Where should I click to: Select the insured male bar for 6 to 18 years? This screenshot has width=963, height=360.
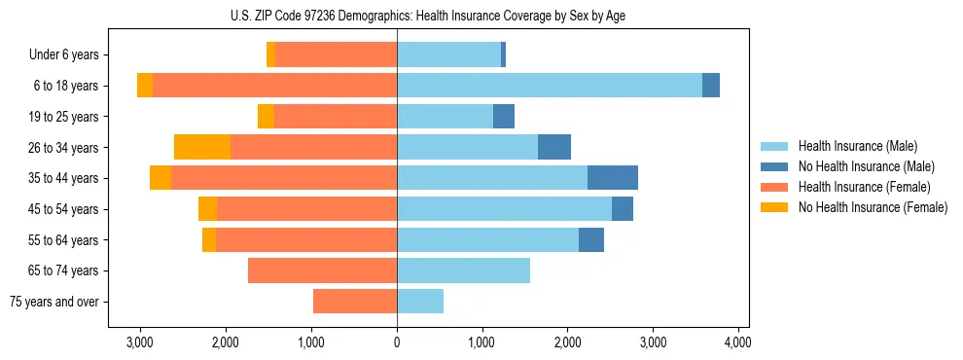(x=549, y=86)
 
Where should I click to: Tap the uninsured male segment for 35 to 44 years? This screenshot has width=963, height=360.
(x=613, y=178)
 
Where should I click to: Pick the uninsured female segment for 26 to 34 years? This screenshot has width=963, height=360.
(x=202, y=147)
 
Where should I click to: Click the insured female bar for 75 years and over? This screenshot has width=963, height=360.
(x=355, y=302)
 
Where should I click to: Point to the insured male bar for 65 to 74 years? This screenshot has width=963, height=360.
(x=463, y=270)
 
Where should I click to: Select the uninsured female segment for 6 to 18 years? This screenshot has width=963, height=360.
(x=145, y=86)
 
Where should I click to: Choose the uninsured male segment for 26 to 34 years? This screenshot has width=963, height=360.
(x=554, y=147)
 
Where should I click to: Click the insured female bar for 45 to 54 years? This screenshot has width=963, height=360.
(x=306, y=209)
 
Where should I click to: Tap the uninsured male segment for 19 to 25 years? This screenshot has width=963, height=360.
(x=504, y=117)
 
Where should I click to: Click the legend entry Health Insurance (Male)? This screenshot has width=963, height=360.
(x=857, y=146)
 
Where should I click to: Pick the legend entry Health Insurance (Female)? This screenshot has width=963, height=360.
(x=863, y=187)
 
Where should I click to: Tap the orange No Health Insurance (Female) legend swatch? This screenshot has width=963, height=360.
(x=774, y=207)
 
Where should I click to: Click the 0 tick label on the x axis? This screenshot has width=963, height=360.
(x=397, y=342)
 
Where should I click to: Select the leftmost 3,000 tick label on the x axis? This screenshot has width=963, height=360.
(x=140, y=342)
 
